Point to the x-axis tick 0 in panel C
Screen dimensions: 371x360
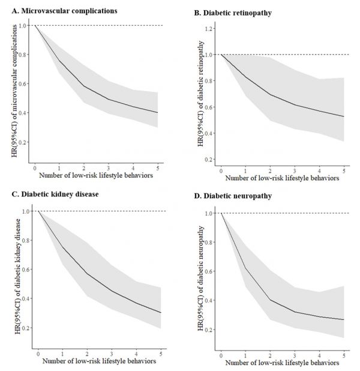pyautogui.click(x=38, y=352)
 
